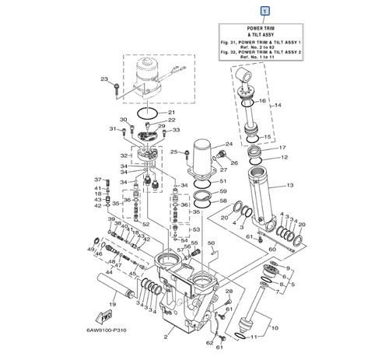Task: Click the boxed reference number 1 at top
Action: (x=267, y=12)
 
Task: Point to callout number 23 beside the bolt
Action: (x=103, y=79)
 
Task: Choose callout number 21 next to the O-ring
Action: (x=173, y=113)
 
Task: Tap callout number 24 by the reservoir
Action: (x=229, y=145)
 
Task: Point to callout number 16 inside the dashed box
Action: (x=262, y=101)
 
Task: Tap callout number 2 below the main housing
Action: (x=165, y=338)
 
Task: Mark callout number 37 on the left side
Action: (x=98, y=179)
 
